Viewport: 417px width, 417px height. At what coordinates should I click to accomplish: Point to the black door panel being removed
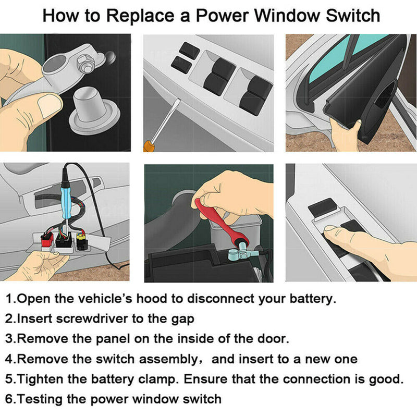coord(360,104)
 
